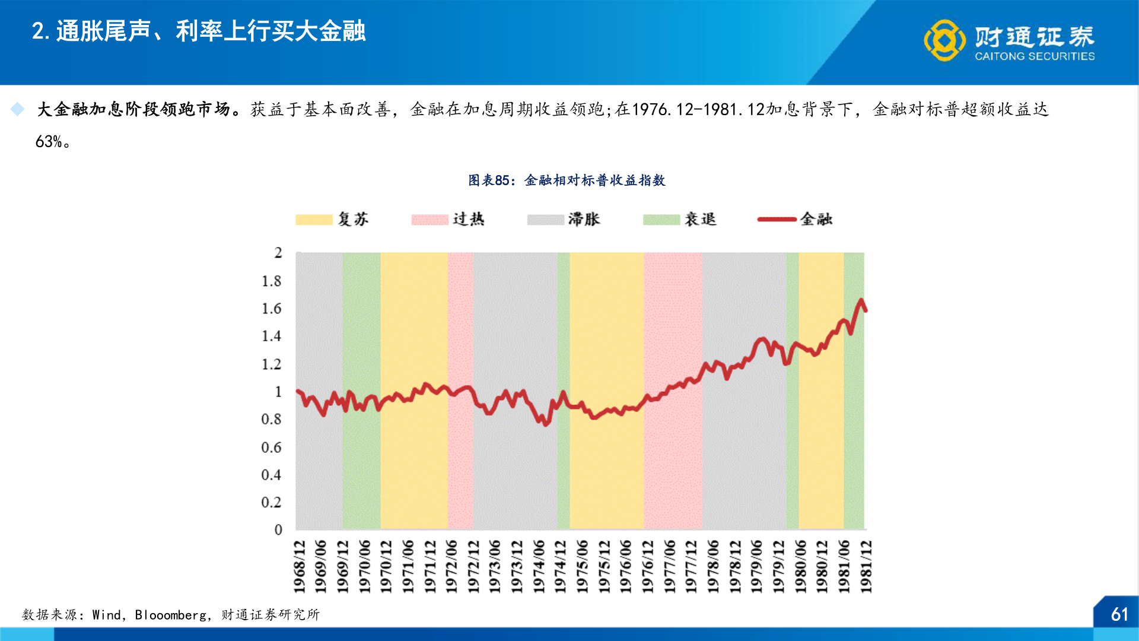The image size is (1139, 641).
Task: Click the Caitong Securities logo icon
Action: (x=944, y=40)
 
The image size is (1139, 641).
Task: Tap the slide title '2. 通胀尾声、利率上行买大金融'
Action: (x=199, y=31)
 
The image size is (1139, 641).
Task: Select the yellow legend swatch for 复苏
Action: (x=314, y=220)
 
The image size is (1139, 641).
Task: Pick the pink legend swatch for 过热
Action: (x=429, y=220)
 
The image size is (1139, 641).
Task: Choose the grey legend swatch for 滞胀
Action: (x=545, y=220)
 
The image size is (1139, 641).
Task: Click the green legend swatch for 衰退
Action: (x=661, y=220)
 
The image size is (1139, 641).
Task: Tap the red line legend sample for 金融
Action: (x=777, y=220)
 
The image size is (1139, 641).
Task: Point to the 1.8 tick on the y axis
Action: (x=271, y=281)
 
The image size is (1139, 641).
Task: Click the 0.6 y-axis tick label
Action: (x=271, y=447)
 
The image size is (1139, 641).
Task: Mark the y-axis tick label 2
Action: (x=278, y=253)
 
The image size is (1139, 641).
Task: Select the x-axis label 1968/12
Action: (x=300, y=566)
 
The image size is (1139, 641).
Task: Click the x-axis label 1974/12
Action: (x=560, y=566)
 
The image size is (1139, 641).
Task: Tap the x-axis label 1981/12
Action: (x=866, y=566)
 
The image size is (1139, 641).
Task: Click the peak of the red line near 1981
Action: (x=861, y=300)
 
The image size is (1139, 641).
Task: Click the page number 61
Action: (x=1119, y=614)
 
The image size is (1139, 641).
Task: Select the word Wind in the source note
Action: (x=107, y=615)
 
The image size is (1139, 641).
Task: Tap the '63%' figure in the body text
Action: (x=49, y=142)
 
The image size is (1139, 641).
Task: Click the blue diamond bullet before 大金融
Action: (x=18, y=109)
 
